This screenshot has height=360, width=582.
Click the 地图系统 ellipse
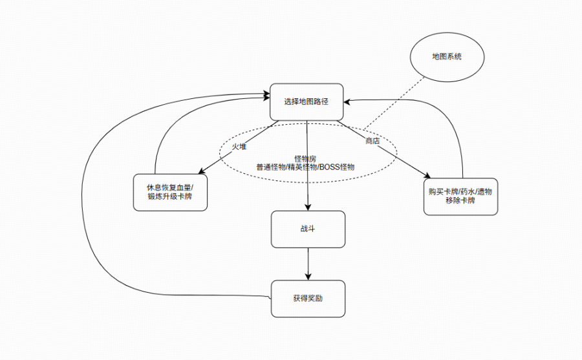click(447, 57)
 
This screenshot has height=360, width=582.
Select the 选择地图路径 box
click(307, 102)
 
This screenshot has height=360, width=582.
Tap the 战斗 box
click(307, 229)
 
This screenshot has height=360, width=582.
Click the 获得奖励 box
click(307, 299)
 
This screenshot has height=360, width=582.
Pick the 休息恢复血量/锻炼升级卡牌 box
click(171, 192)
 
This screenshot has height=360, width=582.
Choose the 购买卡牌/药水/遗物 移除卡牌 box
click(460, 196)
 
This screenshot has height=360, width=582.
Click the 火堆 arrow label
click(239, 147)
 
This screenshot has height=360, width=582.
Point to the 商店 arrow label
click(372, 140)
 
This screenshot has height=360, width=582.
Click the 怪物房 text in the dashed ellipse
click(305, 158)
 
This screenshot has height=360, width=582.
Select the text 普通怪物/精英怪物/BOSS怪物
click(305, 167)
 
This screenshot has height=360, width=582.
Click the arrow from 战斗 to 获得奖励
click(307, 262)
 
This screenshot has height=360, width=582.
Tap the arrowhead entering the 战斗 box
click(307, 207)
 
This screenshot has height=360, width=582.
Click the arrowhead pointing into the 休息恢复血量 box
click(202, 171)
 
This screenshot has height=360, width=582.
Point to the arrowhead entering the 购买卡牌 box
click(427, 175)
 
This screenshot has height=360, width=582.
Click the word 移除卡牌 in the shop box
click(460, 201)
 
